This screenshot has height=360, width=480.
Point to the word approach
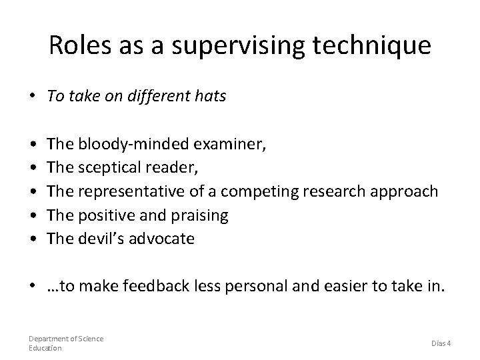[405, 192]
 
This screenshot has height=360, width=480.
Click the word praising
[200, 215]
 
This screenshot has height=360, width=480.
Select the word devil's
[102, 239]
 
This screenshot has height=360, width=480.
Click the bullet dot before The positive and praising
[33, 215]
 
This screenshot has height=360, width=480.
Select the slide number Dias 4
[440, 343]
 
